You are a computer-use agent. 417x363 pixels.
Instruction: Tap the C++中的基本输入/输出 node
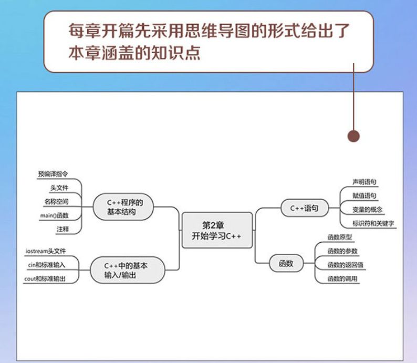pos(126,270)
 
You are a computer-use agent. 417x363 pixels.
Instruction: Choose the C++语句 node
pos(305,208)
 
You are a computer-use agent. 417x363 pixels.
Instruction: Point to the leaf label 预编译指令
pos(53,173)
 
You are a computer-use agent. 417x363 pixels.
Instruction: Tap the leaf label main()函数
pos(54,215)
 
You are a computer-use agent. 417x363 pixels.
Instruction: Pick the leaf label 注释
pos(62,230)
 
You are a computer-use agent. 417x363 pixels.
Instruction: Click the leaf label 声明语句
pos(364,182)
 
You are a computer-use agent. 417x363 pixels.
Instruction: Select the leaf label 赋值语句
pos(364,195)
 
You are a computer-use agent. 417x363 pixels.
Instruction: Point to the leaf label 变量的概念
pos(368,209)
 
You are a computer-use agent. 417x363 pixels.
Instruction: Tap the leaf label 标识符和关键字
pos(373,223)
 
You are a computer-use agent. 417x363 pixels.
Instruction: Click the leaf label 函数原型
pos(339,237)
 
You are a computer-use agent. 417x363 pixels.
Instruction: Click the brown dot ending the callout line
pos(354,136)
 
